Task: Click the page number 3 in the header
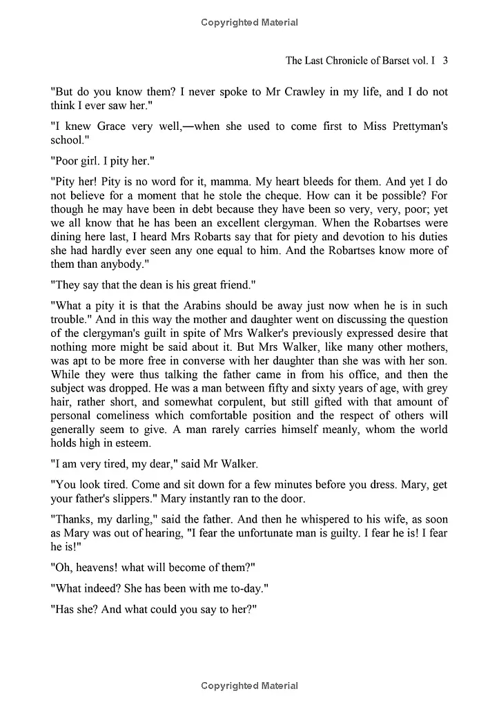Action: point(446,60)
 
